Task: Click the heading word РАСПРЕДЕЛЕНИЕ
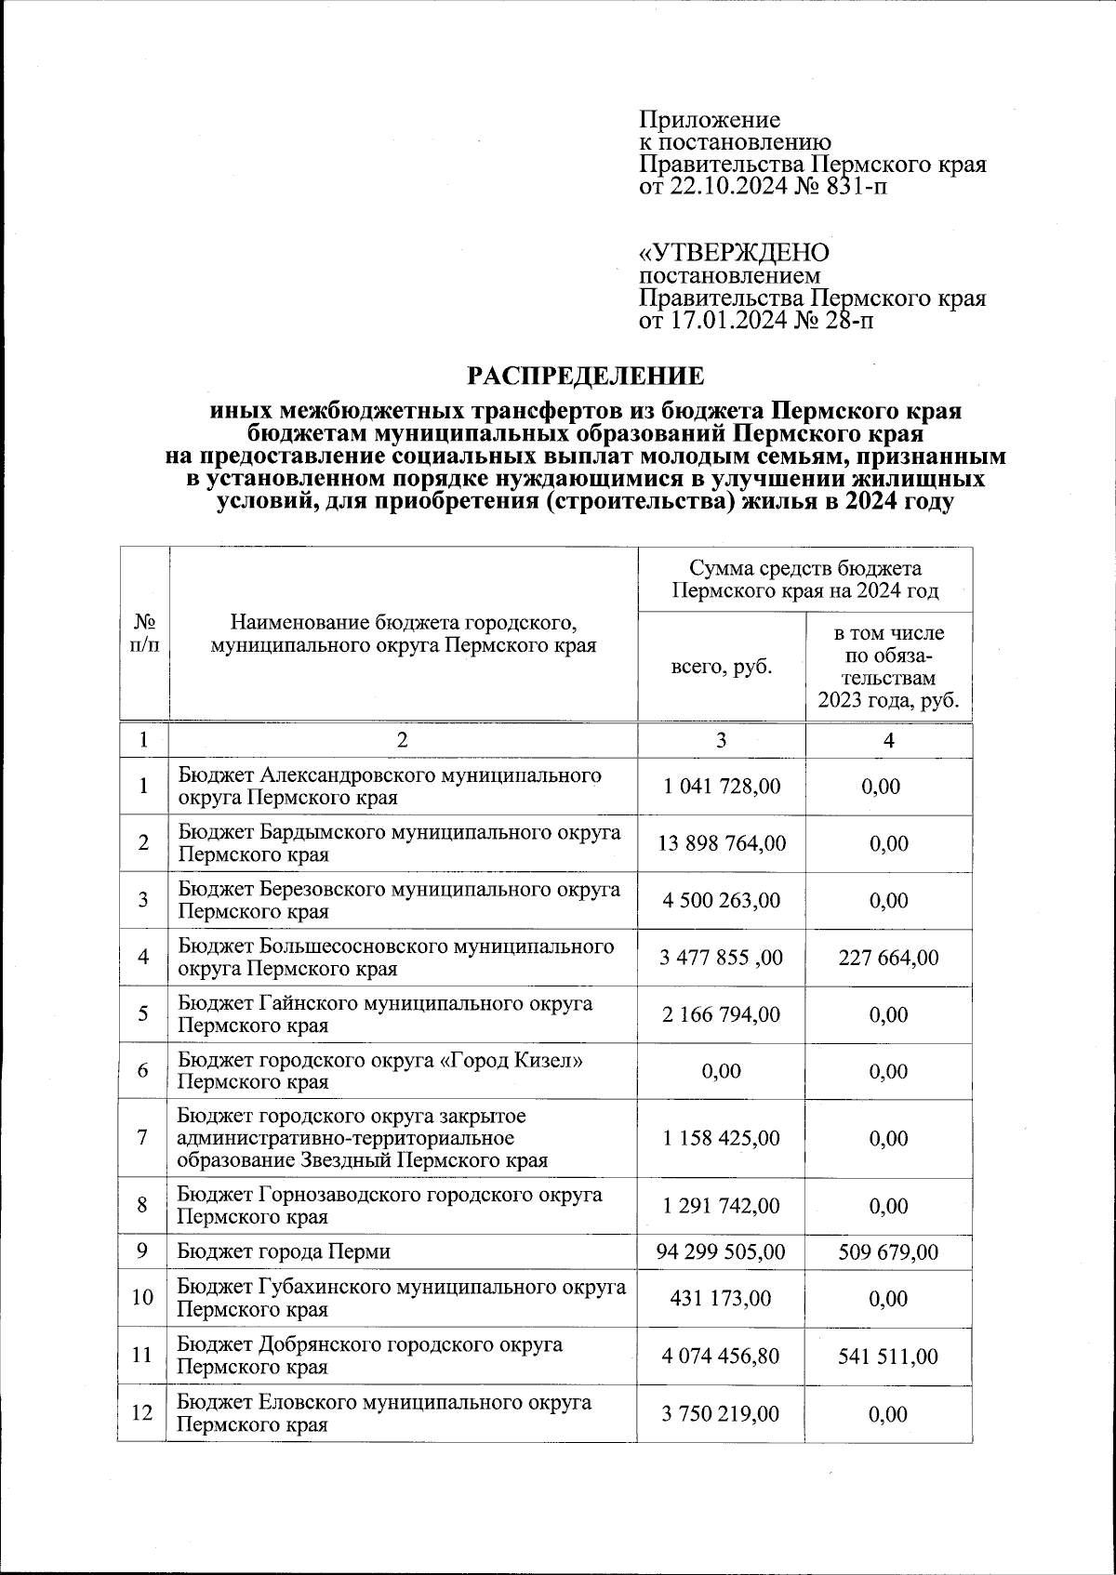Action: [585, 377]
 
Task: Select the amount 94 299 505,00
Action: [721, 1252]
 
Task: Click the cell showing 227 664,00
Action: [888, 958]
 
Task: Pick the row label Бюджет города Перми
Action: [284, 1252]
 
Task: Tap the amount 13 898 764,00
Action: [721, 844]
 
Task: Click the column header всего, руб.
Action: [721, 668]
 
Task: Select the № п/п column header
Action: [144, 633]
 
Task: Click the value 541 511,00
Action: [888, 1357]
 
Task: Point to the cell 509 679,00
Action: [888, 1252]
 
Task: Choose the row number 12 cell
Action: [142, 1413]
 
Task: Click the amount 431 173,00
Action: [721, 1299]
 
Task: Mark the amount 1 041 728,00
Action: [721, 787]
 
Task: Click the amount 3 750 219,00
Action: [721, 1414]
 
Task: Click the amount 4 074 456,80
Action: [721, 1357]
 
